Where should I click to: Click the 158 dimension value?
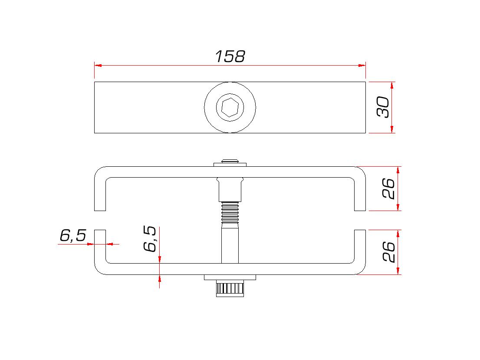230,56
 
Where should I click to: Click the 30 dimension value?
383,107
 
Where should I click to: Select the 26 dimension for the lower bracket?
388,251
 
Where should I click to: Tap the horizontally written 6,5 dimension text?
73,235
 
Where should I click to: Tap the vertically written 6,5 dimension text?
150,239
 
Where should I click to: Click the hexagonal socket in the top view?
230,107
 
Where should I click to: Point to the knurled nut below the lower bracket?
230,288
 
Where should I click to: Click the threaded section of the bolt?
230,212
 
